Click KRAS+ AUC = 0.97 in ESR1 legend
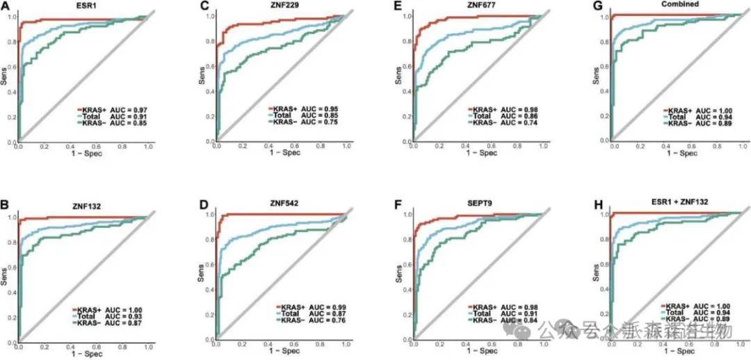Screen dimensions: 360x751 110,110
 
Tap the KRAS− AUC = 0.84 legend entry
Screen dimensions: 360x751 506,321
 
